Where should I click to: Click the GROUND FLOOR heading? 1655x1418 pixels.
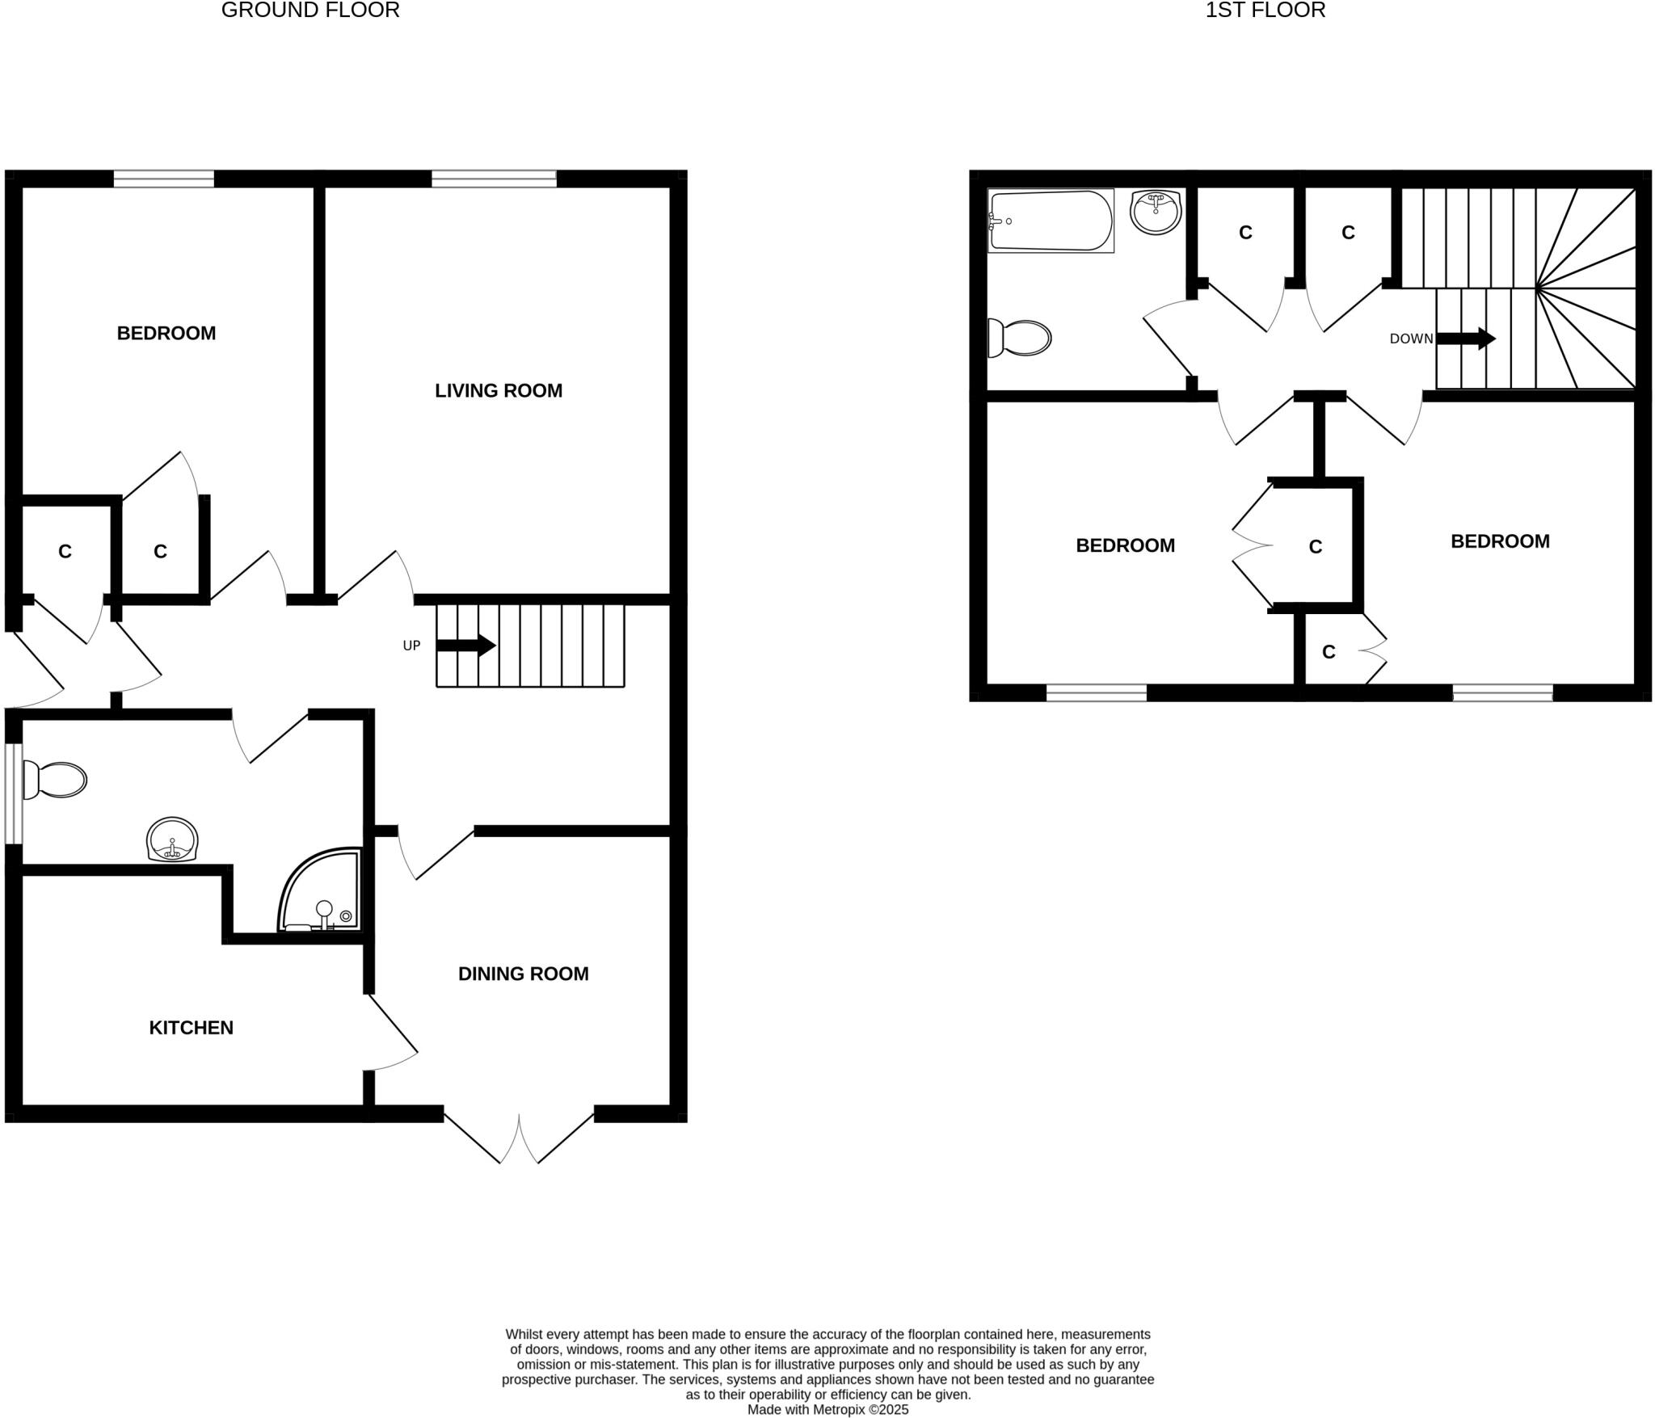pos(310,11)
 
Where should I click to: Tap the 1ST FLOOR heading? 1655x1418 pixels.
pos(1265,11)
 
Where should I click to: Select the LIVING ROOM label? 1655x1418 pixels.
pos(498,391)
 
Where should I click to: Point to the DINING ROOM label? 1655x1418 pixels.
pos(523,974)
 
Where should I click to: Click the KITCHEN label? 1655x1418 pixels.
pos(191,1028)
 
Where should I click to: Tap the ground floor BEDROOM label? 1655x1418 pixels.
pos(166,333)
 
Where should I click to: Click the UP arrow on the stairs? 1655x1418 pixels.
pos(465,646)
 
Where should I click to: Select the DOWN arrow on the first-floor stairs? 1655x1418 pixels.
pos(1465,339)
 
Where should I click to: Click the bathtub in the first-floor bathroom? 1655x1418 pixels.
pos(1051,221)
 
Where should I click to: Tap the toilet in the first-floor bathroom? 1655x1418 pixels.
pos(1020,338)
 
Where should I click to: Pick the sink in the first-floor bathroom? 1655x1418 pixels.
pos(1156,212)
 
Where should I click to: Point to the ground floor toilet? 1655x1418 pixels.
pos(54,780)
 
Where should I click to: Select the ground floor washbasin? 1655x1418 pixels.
pos(172,840)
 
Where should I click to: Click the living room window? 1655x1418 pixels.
pos(494,179)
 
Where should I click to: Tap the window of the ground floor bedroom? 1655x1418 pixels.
pos(164,179)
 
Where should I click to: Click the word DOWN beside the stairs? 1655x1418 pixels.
pos(1411,339)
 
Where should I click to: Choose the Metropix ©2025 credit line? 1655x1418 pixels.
pos(827,1410)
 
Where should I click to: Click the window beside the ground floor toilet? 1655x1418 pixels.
pos(13,793)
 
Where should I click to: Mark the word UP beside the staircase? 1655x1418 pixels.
pos(411,646)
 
